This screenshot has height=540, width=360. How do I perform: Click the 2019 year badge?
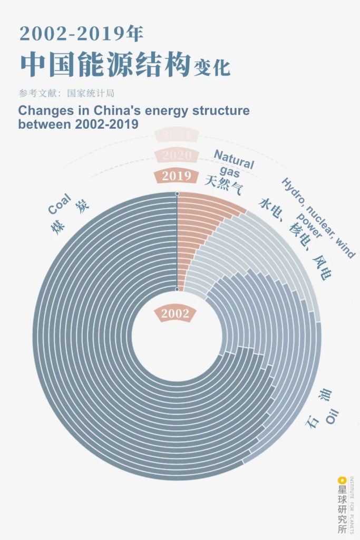(x=177, y=176)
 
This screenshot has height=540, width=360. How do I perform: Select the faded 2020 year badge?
(x=177, y=156)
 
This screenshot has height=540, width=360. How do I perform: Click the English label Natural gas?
(x=233, y=163)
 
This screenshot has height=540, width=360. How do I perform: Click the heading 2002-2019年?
(x=82, y=34)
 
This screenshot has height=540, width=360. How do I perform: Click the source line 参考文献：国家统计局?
(x=66, y=93)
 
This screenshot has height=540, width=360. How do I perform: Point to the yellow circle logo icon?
(x=342, y=480)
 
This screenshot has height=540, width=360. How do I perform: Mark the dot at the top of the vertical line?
(x=177, y=194)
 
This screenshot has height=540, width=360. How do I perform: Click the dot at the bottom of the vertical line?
(x=177, y=289)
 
